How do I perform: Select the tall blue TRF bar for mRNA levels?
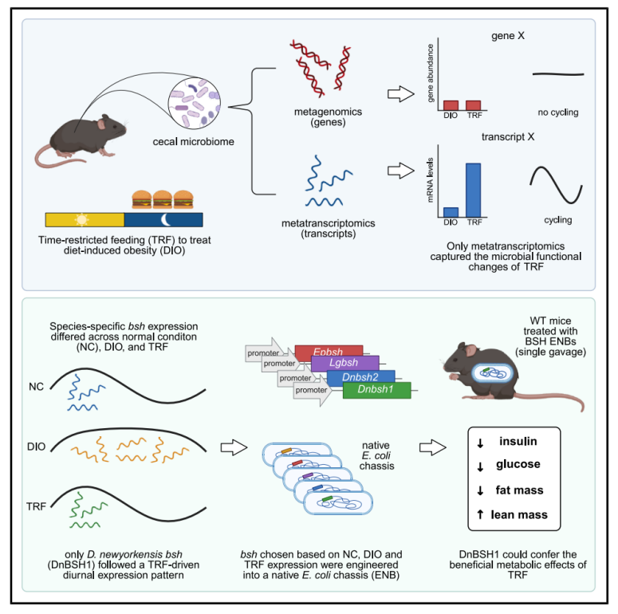pos(474,189)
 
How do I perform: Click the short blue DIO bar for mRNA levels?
pos(451,211)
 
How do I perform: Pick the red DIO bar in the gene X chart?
pos(451,104)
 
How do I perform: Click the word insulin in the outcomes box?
pos(521,442)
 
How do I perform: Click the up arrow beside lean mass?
pos(480,514)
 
